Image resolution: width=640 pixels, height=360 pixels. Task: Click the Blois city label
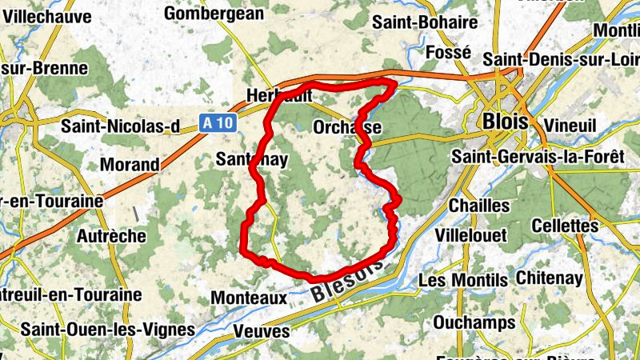pyautogui.click(x=506, y=122)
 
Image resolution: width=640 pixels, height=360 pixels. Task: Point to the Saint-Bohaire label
pyautogui.click(x=425, y=22)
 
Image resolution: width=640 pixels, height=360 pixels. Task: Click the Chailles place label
pyautogui.click(x=480, y=206)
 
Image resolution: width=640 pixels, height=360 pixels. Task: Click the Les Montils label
pyautogui.click(x=462, y=280)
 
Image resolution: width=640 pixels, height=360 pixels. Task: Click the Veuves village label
pyautogui.click(x=261, y=330)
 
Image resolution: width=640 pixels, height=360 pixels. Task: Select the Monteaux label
pyautogui.click(x=249, y=298)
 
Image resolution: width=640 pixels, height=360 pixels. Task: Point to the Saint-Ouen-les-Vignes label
pyautogui.click(x=107, y=329)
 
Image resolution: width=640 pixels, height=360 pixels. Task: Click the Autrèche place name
pyautogui.click(x=111, y=236)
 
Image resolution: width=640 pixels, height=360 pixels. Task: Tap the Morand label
pyautogui.click(x=130, y=165)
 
